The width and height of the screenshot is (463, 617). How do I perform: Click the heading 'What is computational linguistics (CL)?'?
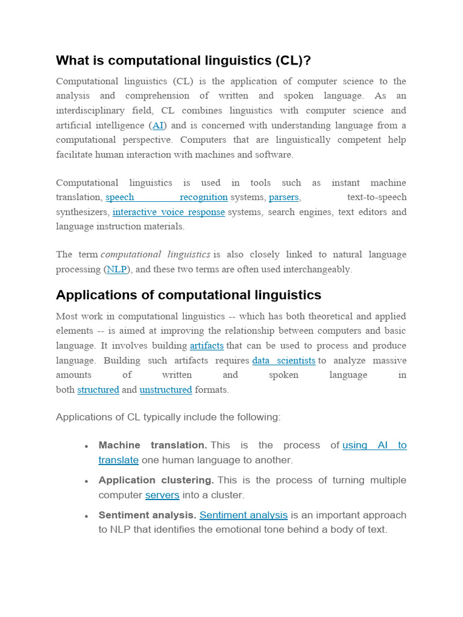(x=183, y=61)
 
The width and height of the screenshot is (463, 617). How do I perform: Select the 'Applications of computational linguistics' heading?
(x=188, y=295)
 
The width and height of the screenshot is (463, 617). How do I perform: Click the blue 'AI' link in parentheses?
(x=158, y=125)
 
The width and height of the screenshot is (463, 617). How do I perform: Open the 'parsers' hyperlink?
(x=283, y=197)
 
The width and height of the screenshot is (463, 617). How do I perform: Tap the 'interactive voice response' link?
(x=168, y=212)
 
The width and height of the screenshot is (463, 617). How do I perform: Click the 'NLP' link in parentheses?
(x=116, y=269)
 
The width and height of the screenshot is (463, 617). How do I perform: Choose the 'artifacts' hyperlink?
(x=206, y=346)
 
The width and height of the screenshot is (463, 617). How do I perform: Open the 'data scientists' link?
(x=283, y=360)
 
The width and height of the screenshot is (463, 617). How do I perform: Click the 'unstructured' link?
(x=166, y=390)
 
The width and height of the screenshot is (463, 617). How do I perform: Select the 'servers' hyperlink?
(x=162, y=495)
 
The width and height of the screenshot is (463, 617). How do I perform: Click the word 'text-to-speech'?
(x=377, y=197)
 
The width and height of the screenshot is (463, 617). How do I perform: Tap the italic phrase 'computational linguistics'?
(x=155, y=255)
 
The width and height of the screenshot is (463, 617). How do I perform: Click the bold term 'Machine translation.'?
(x=153, y=445)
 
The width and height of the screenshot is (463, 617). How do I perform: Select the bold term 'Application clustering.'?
(x=156, y=480)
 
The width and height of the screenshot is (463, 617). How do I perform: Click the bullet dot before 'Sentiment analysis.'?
(x=87, y=516)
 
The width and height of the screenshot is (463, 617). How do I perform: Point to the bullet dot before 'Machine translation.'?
(x=87, y=446)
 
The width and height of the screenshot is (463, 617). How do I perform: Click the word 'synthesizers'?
(x=83, y=212)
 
